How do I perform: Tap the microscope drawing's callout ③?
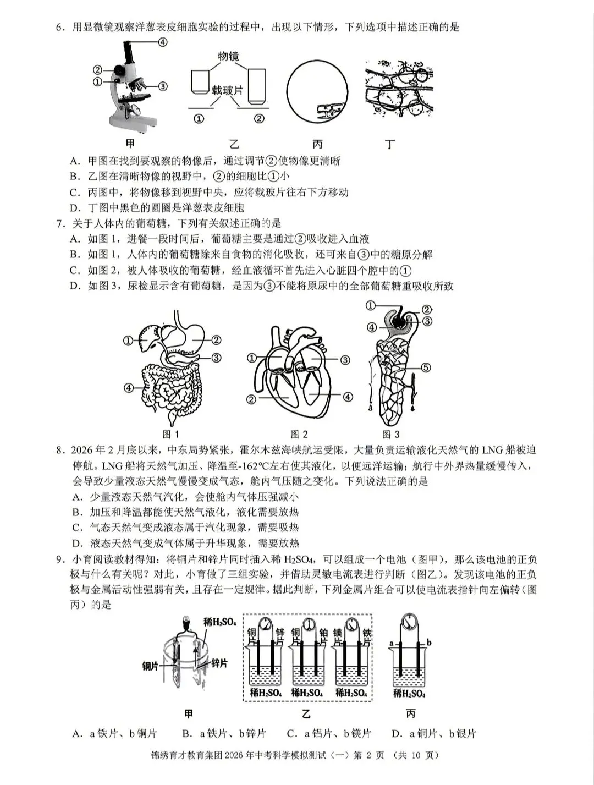[x=162, y=86]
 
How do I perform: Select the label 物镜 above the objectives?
[x=228, y=56]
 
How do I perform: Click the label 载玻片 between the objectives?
[x=228, y=90]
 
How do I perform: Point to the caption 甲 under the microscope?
[x=130, y=144]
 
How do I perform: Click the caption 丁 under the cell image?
[x=390, y=145]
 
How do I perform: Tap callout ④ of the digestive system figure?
[x=129, y=387]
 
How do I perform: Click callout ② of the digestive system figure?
[x=216, y=340]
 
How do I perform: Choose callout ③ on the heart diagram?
[x=345, y=360]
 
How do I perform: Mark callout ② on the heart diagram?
[x=251, y=399]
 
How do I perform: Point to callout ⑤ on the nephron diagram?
[x=426, y=367]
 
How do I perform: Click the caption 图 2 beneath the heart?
[x=299, y=435]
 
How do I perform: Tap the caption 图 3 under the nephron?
[x=391, y=435]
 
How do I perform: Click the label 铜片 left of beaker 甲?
[x=150, y=666]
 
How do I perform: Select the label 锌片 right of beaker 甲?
[x=219, y=663]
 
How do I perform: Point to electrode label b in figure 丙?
[x=429, y=642]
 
